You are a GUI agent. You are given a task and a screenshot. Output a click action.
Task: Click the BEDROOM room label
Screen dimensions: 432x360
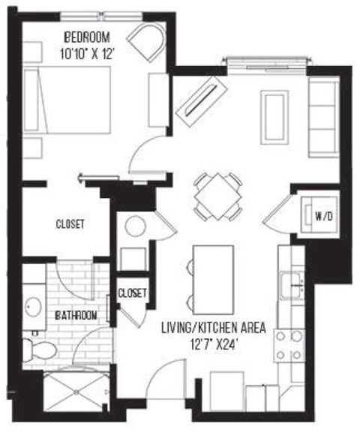[87, 36]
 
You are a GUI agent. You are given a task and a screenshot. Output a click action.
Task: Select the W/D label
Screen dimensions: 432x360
[323, 217]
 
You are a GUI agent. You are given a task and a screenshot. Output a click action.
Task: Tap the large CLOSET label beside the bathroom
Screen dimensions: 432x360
[70, 223]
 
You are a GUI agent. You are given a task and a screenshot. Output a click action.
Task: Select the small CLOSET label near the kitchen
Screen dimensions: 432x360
[133, 292]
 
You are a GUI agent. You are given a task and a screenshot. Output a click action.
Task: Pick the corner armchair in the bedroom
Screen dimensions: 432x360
[148, 42]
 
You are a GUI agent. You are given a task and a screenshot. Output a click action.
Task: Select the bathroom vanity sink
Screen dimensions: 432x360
[33, 306]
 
